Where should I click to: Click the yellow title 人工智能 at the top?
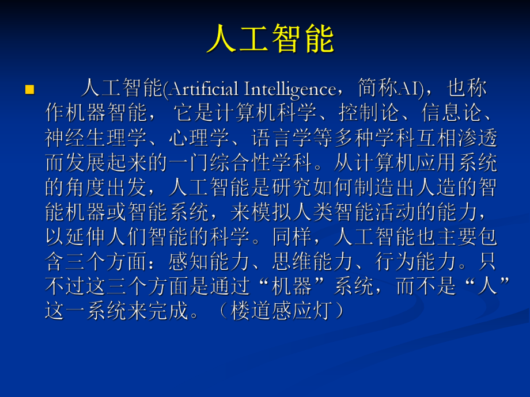pos(270,40)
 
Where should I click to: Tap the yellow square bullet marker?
pos(30,89)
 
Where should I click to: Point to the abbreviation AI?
pos(410,89)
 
